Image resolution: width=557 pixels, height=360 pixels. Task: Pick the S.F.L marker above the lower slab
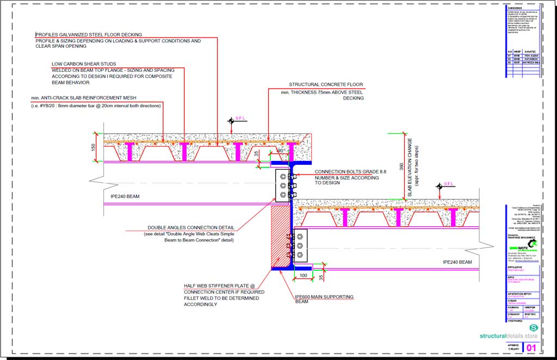coord(448,184)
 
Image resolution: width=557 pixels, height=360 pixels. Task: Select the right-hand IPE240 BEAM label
coord(457,262)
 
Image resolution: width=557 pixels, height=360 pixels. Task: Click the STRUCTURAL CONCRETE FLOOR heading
coord(326,85)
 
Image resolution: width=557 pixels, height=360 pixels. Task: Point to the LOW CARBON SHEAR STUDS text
coord(84,64)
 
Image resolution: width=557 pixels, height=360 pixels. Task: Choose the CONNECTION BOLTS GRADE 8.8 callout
coord(350,171)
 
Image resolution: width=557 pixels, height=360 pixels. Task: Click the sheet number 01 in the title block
coord(531,347)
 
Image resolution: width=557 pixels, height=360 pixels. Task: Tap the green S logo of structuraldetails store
coord(533,328)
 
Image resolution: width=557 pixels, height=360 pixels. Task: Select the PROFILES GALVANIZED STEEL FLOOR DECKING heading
coord(89,35)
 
